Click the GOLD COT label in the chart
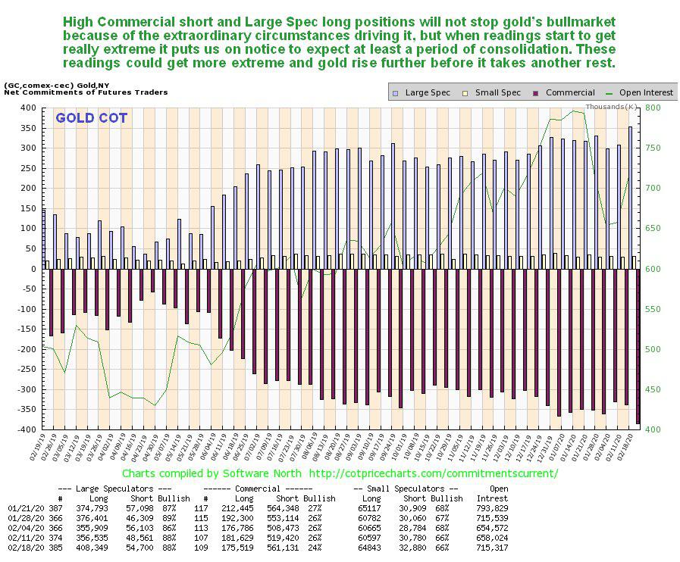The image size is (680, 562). tap(91, 118)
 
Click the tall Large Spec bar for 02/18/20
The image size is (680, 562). tap(630, 197)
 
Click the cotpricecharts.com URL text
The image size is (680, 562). tap(436, 473)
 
